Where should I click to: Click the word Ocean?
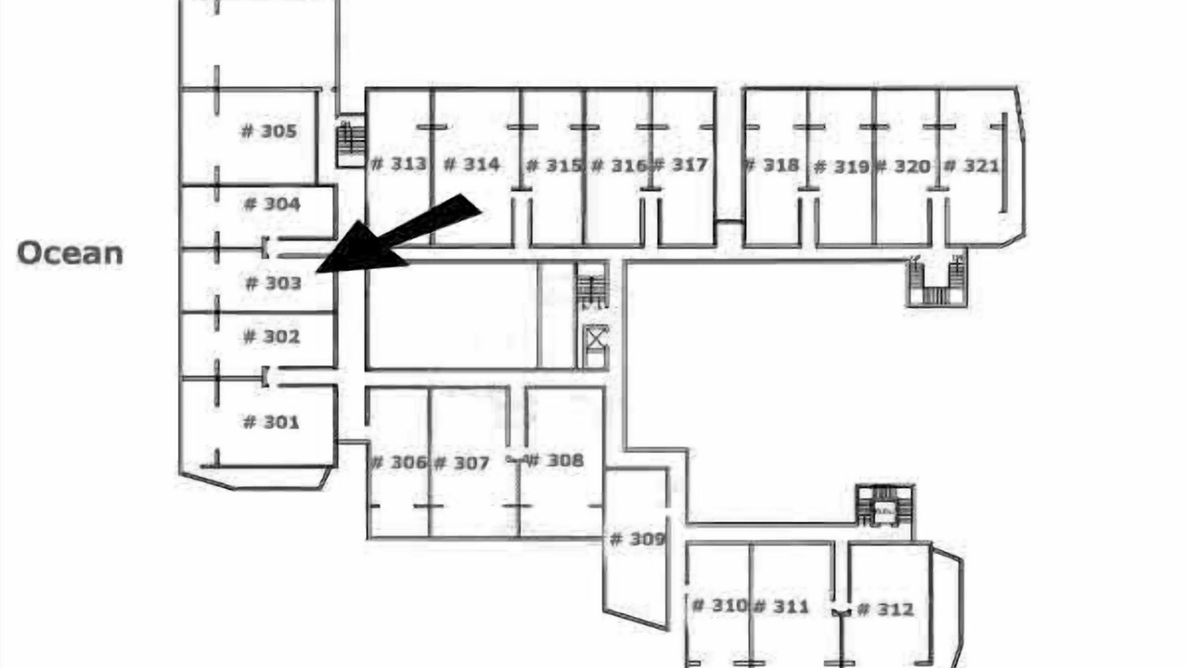(70, 253)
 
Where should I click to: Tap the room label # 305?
(269, 131)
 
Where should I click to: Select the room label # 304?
(271, 204)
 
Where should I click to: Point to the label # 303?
(273, 283)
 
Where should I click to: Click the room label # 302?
(271, 337)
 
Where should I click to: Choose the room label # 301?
(271, 422)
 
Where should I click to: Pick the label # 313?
(399, 164)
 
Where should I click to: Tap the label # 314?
(471, 164)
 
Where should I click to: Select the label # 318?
(771, 165)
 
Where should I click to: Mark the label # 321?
(971, 166)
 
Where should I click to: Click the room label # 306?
(398, 462)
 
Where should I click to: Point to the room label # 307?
(461, 462)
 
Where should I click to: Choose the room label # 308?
(555, 460)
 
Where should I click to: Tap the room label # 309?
(637, 539)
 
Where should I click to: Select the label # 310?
(719, 606)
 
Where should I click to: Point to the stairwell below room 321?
(936, 281)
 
